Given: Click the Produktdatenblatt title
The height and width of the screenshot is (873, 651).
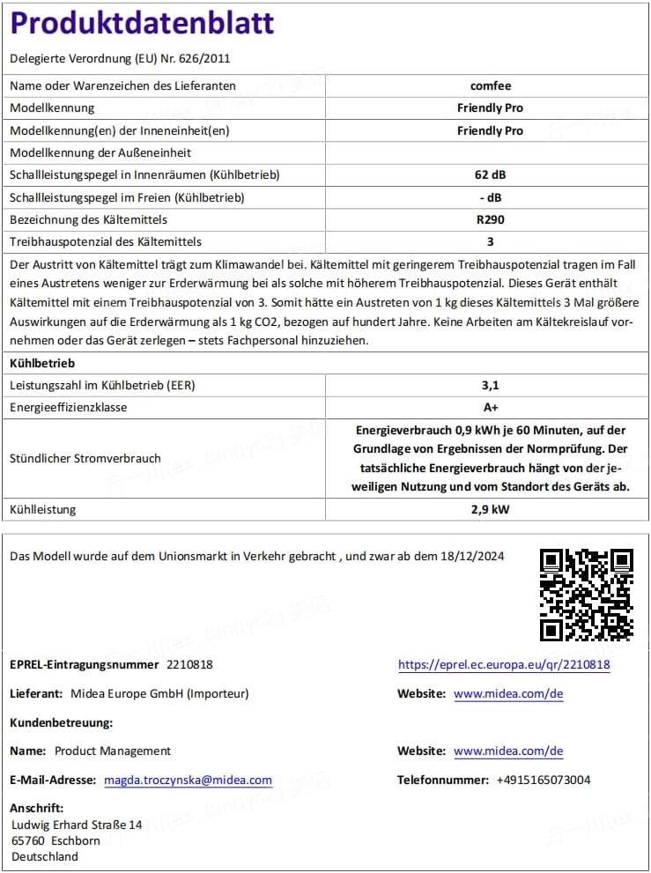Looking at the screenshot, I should [142, 23].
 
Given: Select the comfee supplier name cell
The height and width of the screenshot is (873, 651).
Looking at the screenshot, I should [490, 85].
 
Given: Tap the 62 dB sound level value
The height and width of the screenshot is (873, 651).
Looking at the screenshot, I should [490, 174].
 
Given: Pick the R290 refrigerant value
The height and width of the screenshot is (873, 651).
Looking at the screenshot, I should [490, 219].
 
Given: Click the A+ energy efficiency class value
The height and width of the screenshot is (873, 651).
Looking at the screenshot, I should [490, 408].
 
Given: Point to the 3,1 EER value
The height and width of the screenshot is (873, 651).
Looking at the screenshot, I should [490, 385].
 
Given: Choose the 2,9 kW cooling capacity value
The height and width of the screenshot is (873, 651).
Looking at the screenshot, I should [490, 509].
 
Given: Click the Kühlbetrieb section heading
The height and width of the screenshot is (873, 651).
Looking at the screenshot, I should [42, 363].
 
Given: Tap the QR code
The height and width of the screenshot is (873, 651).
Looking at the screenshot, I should [586, 595].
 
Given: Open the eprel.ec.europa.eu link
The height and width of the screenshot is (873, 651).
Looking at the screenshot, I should [504, 665].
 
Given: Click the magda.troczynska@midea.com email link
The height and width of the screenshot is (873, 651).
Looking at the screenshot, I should [188, 780].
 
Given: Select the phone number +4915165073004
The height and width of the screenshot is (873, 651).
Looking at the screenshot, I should [544, 780].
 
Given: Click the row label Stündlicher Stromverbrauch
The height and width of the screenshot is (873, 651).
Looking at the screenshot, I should [85, 458].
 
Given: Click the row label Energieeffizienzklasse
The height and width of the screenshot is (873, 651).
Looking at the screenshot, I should [68, 408].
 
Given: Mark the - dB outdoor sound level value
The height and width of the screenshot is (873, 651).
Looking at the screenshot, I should [490, 197].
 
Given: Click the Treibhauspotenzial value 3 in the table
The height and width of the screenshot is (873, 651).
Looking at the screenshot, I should [490, 241].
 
